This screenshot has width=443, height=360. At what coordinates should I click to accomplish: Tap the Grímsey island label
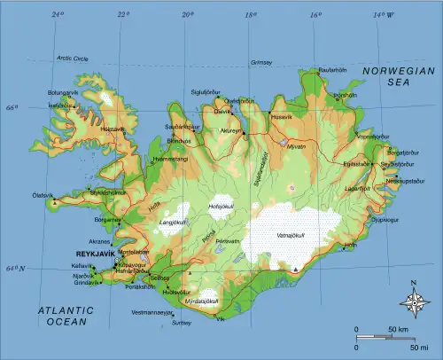(x=261, y=63)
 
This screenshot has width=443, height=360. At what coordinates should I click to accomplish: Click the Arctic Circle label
(x=74, y=59)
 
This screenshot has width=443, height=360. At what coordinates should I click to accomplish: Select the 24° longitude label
(x=58, y=15)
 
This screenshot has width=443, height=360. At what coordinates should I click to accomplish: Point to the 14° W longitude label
(x=382, y=15)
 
